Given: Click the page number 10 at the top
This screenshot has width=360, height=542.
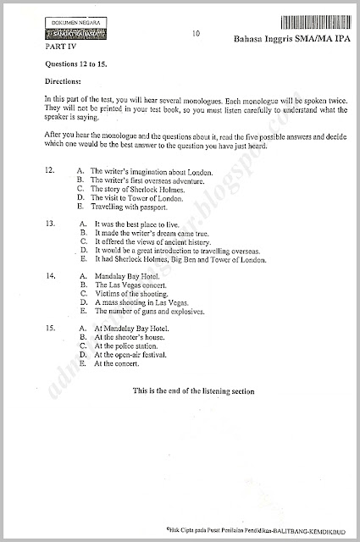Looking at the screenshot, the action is point(197,34).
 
